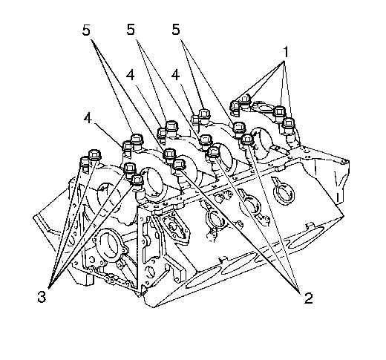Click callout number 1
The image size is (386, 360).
286,53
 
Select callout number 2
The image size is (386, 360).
308,298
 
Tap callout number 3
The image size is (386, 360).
42,296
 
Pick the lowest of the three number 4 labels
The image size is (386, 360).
88,118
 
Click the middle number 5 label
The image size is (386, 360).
131,30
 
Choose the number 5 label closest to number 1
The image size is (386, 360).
175,30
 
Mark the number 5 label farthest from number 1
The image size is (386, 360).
86,30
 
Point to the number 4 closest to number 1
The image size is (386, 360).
175,75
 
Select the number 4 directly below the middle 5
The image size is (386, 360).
131,75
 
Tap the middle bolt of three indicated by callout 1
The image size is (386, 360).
279,112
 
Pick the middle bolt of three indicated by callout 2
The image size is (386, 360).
214,152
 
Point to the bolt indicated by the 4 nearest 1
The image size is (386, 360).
195,120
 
